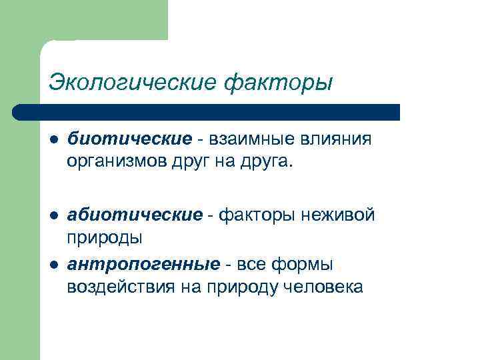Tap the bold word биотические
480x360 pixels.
pyautogui.click(x=129, y=139)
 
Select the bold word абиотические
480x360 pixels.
pyautogui.click(x=135, y=215)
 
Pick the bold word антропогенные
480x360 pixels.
pyautogui.click(x=143, y=265)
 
